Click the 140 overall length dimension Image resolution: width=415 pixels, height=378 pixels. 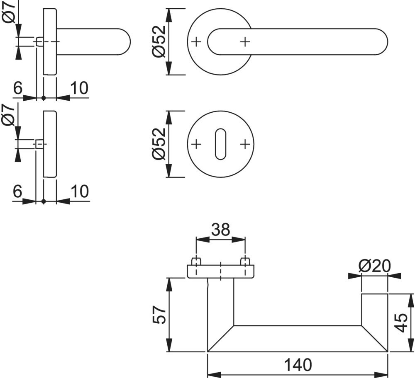pos(297,365)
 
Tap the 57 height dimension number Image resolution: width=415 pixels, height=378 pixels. pos(160,315)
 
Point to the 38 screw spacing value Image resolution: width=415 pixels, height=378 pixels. pos(220,229)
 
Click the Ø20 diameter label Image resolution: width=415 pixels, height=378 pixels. pos(374,265)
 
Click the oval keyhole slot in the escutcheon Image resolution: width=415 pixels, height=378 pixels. pos(220,144)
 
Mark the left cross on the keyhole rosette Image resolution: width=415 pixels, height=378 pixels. pos(196,144)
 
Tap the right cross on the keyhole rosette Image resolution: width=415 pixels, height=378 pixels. pos(245,144)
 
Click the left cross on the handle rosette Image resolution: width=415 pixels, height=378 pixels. pos(196,41)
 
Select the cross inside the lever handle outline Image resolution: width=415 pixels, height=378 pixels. pos(245,41)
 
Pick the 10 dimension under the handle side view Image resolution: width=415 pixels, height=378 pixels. pos(79,88)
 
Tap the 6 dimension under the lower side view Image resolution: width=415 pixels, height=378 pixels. pos(17,191)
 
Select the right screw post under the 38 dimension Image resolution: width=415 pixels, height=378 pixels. pos(245,262)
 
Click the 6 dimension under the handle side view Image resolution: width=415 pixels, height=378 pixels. pos(17,88)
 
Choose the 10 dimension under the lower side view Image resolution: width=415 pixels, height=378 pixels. pos(79,191)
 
